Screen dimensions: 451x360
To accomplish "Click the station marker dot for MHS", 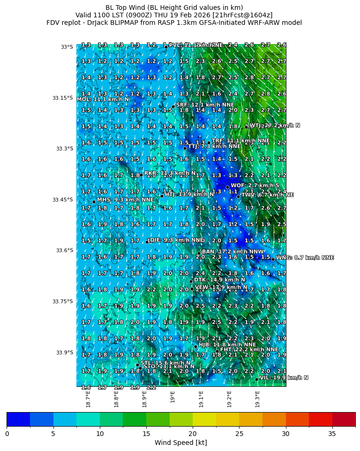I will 94,202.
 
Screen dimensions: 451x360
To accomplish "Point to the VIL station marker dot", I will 257,379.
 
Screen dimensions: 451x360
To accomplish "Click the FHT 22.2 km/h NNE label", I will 249,349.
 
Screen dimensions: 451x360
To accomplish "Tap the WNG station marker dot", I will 273,259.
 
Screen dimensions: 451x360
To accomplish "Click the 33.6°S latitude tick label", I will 63,250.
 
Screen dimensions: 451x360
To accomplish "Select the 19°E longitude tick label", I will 173,397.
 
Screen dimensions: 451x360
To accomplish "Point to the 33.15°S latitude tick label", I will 62,98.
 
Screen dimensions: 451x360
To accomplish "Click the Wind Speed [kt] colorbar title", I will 180,443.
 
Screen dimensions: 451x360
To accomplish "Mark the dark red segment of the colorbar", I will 344,419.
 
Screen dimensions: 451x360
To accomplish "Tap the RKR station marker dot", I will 141,175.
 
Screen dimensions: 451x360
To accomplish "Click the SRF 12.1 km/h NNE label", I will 205,105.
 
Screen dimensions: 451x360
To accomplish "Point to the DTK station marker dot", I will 191,281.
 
